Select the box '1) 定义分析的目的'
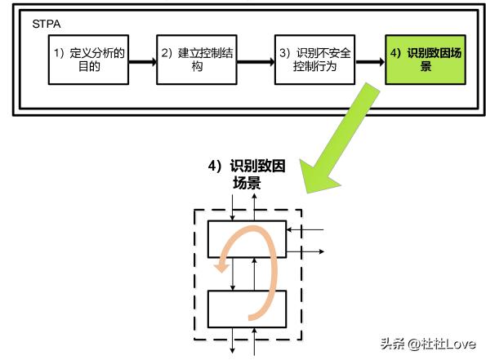[89, 60]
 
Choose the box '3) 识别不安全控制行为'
[314, 60]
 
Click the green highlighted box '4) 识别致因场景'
[425, 60]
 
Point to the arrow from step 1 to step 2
[143, 60]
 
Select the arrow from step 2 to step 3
[252, 60]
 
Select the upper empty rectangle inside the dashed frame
[247, 238]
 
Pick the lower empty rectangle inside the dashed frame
[247, 308]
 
